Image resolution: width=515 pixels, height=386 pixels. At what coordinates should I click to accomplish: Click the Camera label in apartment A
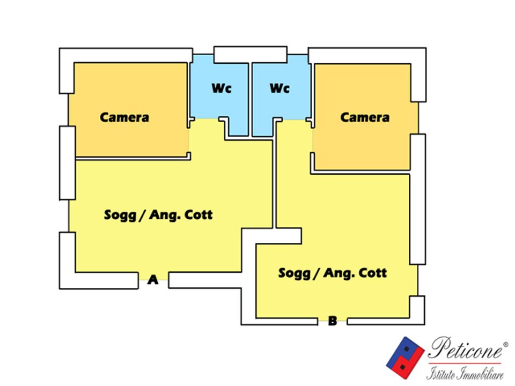pyautogui.click(x=124, y=117)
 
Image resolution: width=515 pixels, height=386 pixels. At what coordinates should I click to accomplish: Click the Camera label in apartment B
pyautogui.click(x=365, y=117)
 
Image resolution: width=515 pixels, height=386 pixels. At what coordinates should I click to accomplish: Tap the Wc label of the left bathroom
pyautogui.click(x=222, y=88)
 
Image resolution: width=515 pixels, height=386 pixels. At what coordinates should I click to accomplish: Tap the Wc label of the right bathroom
pyautogui.click(x=279, y=88)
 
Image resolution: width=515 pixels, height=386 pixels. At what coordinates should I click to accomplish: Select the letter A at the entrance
pyautogui.click(x=153, y=280)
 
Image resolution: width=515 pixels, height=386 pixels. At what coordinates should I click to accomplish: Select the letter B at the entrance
pyautogui.click(x=333, y=321)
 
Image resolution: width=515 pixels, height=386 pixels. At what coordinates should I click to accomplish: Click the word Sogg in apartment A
pyautogui.click(x=120, y=216)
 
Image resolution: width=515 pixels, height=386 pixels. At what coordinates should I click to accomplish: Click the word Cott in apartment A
pyautogui.click(x=198, y=214)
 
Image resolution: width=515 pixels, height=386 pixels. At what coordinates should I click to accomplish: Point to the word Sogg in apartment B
pyautogui.click(x=295, y=273)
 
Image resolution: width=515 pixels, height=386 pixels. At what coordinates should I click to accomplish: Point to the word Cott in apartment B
pyautogui.click(x=373, y=273)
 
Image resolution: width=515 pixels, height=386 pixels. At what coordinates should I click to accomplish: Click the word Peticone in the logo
pyautogui.click(x=465, y=348)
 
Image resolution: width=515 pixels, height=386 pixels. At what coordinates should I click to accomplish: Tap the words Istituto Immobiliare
pyautogui.click(x=465, y=374)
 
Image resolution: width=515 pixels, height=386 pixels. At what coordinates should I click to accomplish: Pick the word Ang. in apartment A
pyautogui.click(x=163, y=216)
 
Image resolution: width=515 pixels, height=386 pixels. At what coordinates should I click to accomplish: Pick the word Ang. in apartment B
pyautogui.click(x=337, y=273)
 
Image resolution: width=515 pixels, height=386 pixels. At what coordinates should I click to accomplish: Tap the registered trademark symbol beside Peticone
pyautogui.click(x=505, y=344)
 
